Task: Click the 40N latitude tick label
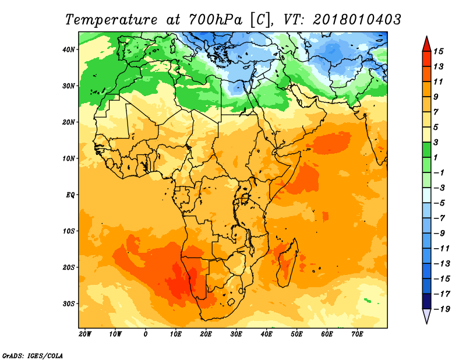click(x=69, y=50)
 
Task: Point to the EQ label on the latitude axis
click(x=70, y=195)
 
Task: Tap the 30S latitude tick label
click(x=69, y=304)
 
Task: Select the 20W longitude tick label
click(x=85, y=334)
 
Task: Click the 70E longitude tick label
click(x=357, y=334)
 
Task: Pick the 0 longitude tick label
click(x=145, y=334)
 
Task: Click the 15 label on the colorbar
click(x=438, y=51)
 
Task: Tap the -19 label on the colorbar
click(x=442, y=309)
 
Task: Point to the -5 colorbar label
click(x=440, y=203)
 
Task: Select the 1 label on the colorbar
click(x=436, y=157)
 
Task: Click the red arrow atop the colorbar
click(x=427, y=44)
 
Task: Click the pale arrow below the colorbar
click(x=427, y=316)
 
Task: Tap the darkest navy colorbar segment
click(x=427, y=301)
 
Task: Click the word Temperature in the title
click(x=111, y=20)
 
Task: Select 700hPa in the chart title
click(x=215, y=20)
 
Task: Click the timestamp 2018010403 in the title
click(x=357, y=20)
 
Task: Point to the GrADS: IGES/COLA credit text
click(x=33, y=356)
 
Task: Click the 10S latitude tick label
click(x=69, y=231)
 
